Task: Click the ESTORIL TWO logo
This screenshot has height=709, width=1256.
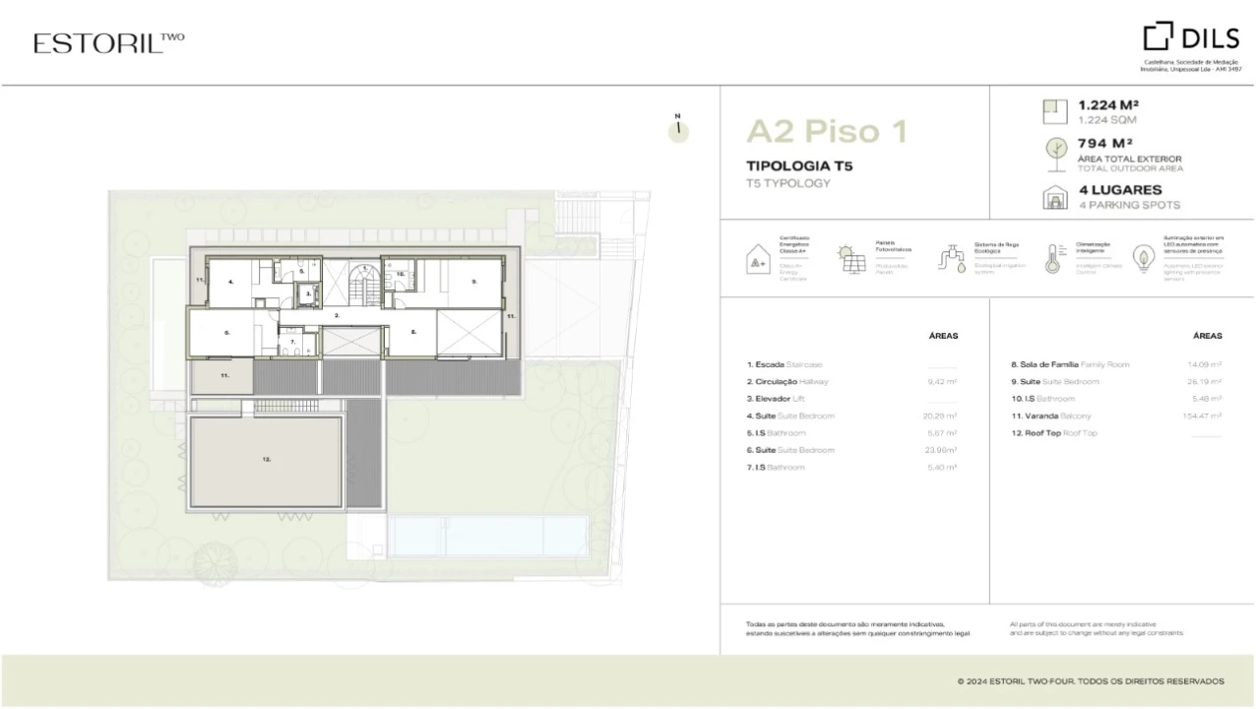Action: coord(108,42)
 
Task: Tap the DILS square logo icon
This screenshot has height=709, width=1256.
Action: coord(1158,37)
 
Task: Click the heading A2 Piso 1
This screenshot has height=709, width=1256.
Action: coord(827,130)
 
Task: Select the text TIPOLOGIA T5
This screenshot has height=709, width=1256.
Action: coord(799,165)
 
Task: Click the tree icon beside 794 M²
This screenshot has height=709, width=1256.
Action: coord(1054,150)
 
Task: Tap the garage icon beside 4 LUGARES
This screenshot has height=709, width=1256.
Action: coord(1054,197)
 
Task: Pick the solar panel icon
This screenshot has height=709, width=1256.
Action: coord(850,259)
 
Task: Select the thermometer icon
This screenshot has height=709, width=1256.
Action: coord(1051,258)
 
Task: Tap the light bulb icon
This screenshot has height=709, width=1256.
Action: coord(1144,258)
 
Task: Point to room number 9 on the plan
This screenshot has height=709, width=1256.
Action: coord(473,282)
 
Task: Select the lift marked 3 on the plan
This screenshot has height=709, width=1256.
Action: coord(308,292)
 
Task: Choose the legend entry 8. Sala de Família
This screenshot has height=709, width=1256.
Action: coord(1071,364)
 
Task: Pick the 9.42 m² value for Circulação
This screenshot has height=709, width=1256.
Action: coord(942,381)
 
